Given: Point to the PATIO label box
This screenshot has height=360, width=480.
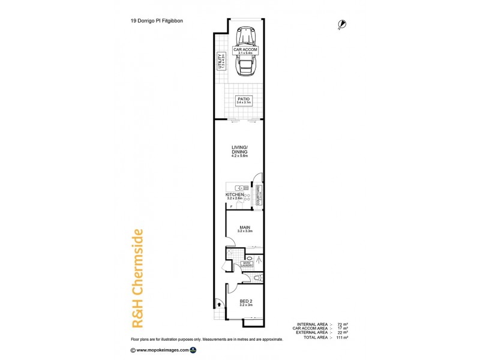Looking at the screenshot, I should pyautogui.click(x=243, y=101).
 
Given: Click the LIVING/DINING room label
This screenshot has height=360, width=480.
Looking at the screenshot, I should pyautogui.click(x=240, y=151).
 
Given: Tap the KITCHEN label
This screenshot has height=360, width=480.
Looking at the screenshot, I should pyautogui.click(x=235, y=196).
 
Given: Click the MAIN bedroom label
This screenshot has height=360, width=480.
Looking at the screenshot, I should pyautogui.click(x=244, y=229).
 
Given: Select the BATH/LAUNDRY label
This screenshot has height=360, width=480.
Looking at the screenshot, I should pyautogui.click(x=246, y=264).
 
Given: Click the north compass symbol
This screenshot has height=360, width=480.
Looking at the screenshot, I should pyautogui.click(x=342, y=24).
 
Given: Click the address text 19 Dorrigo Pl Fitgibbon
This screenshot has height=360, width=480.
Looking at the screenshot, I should pyautogui.click(x=158, y=20).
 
